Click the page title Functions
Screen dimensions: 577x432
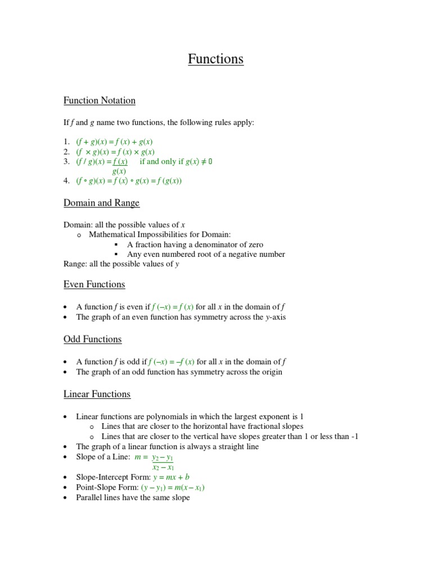click(x=215, y=59)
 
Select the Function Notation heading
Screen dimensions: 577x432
click(x=99, y=101)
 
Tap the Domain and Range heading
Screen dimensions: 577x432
click(x=101, y=203)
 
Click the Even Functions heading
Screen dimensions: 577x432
click(x=94, y=285)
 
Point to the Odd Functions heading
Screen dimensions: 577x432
click(x=92, y=339)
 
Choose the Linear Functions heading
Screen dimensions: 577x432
click(x=97, y=394)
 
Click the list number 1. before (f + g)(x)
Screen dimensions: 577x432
click(x=66, y=142)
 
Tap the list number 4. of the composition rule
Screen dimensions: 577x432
click(x=66, y=181)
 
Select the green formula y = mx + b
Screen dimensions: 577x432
click(x=171, y=477)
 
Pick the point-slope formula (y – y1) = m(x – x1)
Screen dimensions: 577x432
click(x=173, y=487)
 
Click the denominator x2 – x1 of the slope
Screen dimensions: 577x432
click(x=163, y=467)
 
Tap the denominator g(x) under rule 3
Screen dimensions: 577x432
click(x=119, y=171)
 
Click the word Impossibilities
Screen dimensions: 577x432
click(x=170, y=234)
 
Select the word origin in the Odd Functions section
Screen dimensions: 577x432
click(x=271, y=372)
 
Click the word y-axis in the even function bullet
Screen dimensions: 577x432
click(x=276, y=317)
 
